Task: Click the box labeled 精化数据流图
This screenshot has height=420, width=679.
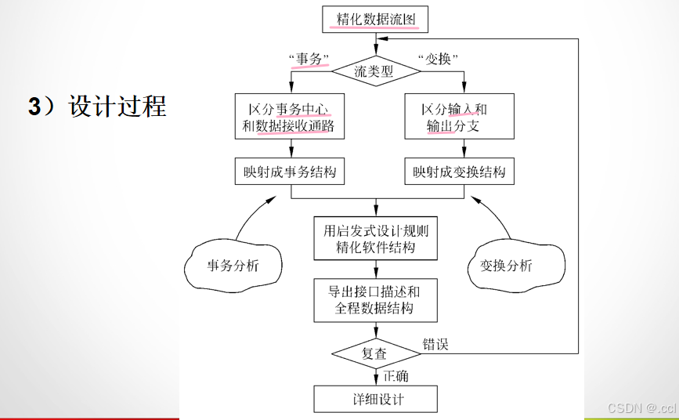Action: pos(375,18)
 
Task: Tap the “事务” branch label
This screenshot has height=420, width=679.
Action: pos(309,59)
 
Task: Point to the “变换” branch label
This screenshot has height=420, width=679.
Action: pos(438,59)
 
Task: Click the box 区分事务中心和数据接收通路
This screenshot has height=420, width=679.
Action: pos(291,117)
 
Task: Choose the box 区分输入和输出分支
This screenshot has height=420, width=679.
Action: pos(458,117)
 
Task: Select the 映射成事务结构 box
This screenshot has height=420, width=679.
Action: pos(291,172)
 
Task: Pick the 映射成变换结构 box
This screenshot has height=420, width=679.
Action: pos(460,172)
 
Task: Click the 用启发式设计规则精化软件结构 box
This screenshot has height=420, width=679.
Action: pos(376,239)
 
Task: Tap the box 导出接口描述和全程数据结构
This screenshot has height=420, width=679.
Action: pos(376,299)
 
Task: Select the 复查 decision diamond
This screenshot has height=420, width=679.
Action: pos(374,353)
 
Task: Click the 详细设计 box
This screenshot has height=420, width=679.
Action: pos(376,399)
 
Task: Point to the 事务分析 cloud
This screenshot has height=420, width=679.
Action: pos(233,266)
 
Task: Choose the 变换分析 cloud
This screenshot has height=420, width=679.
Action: pos(506,266)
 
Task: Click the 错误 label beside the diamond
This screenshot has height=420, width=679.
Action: pos(436,344)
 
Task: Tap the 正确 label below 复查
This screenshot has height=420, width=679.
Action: pos(395,376)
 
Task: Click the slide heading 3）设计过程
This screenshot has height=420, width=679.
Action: pos(98,106)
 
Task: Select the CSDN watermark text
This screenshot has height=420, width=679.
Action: pos(641,407)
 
